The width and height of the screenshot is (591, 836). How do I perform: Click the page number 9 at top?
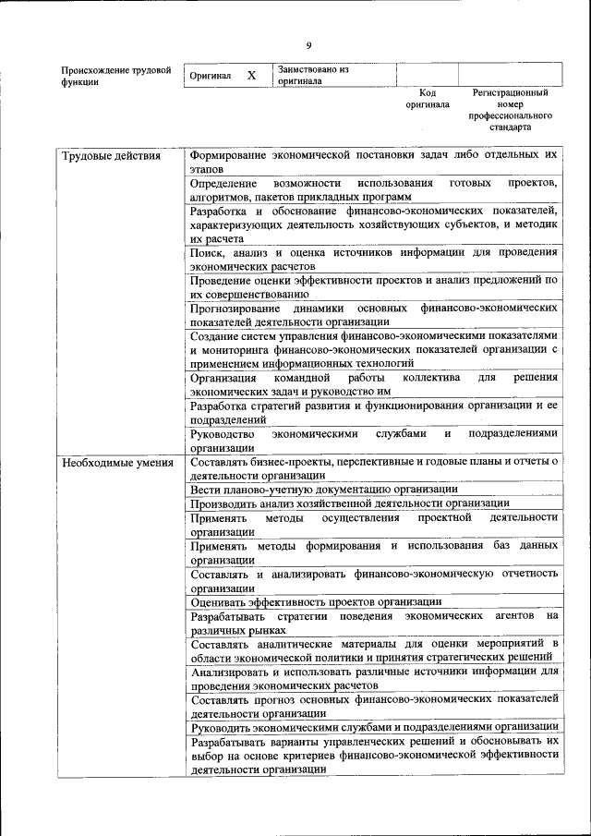(309, 45)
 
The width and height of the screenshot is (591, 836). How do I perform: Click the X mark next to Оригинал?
(250, 75)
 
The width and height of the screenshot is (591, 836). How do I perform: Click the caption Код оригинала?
(427, 99)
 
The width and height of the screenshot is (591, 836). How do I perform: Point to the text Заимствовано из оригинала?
(313, 75)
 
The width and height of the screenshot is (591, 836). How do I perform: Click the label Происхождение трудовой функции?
(115, 76)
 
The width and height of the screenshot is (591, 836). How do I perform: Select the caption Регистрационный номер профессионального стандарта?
(510, 110)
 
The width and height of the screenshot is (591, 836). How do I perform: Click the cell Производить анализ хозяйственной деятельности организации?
(349, 503)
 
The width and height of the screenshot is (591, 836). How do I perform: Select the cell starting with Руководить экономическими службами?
(374, 727)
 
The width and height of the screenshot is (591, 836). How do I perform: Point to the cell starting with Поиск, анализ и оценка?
(374, 259)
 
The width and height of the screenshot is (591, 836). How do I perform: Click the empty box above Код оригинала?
(427, 75)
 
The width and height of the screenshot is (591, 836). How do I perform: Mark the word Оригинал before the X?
(209, 76)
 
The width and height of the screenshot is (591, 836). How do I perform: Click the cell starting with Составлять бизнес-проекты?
(374, 467)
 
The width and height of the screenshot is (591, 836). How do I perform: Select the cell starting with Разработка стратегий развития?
(374, 412)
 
